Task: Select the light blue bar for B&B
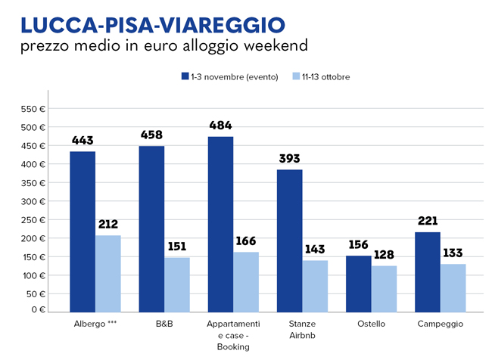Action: pyautogui.click(x=177, y=284)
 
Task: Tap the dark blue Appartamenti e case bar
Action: pyautogui.click(x=220, y=223)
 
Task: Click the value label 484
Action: pyautogui.click(x=220, y=126)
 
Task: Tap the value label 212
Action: pyautogui.click(x=108, y=224)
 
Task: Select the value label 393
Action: pyautogui.click(x=289, y=159)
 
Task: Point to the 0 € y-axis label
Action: pyautogui.click(x=39, y=309)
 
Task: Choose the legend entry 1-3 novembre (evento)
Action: pyautogui.click(x=227, y=76)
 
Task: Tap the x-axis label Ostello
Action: pyautogui.click(x=371, y=324)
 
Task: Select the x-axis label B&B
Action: pyautogui.click(x=163, y=324)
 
